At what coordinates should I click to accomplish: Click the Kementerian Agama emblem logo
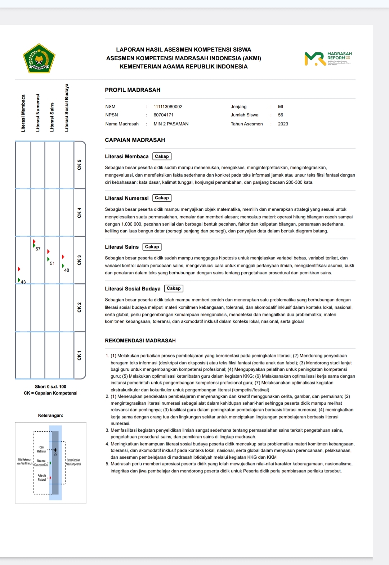39,58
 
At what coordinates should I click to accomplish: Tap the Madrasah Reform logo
328,58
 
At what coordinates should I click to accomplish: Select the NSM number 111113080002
168,107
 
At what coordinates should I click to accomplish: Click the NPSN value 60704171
164,115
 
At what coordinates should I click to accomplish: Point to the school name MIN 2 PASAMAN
171,124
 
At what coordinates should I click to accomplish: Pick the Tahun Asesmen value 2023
283,124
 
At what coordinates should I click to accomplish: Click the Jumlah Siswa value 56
281,115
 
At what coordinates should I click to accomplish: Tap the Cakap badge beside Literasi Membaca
162,156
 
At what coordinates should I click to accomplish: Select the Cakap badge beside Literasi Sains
152,247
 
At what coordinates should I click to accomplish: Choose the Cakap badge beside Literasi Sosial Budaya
174,288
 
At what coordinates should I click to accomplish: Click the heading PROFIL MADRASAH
133,90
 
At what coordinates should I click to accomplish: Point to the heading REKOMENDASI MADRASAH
140,341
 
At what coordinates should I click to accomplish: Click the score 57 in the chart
38,249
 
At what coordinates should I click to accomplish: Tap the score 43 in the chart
23,282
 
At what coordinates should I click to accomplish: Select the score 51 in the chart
52,263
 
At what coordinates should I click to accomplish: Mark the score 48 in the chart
67,270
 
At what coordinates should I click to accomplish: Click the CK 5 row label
80,165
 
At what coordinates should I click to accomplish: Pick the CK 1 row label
80,355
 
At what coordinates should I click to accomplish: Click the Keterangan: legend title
50,415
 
